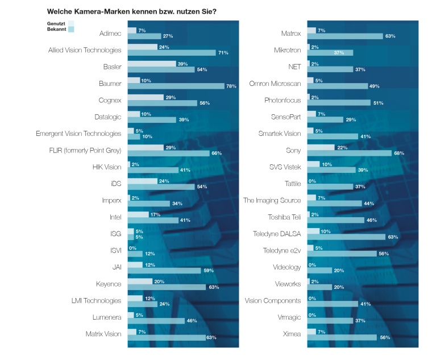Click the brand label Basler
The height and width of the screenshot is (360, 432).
click(x=112, y=67)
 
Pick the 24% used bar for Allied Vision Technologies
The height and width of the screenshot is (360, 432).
click(x=142, y=47)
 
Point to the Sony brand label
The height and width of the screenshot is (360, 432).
click(x=293, y=151)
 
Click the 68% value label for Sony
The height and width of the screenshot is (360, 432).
click(x=399, y=154)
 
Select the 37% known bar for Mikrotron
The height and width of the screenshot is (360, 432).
click(x=330, y=53)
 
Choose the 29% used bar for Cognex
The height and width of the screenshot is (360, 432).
click(x=146, y=97)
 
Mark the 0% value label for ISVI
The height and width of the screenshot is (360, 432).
click(x=132, y=248)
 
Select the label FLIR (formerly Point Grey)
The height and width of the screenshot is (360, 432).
click(x=86, y=150)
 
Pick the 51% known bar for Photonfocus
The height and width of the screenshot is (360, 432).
click(x=339, y=103)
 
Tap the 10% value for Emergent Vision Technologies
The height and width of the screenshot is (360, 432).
click(x=147, y=136)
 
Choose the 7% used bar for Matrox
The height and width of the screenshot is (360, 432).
click(x=311, y=30)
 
